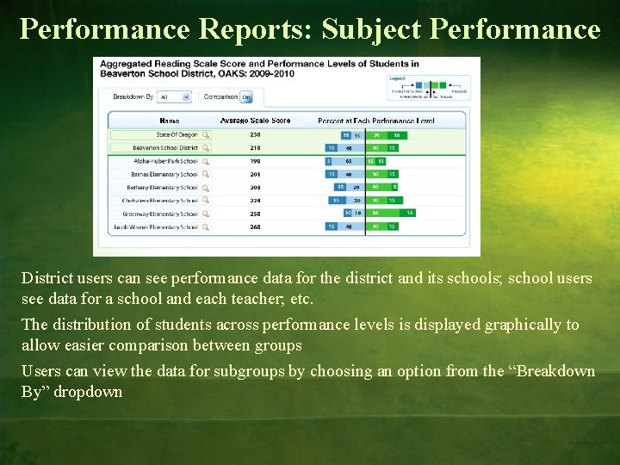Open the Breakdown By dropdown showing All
coord(174,96)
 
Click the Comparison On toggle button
coord(245,96)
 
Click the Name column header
coord(169,121)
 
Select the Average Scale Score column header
coord(256,121)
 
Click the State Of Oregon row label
coord(177,134)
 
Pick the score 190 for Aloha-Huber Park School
coord(255,161)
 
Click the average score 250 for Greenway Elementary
coord(255,214)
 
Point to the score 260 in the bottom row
coord(255,227)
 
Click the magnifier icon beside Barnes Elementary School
coord(205,174)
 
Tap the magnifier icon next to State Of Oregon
coord(205,134)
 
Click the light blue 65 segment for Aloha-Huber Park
coord(348,161)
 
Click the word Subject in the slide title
coord(369,29)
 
